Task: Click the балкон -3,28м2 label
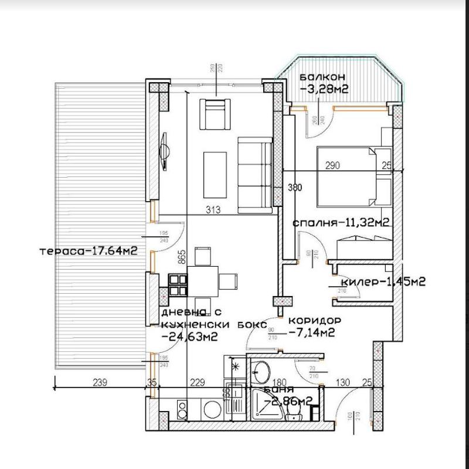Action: coord(322,83)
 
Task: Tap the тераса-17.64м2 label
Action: coord(89,251)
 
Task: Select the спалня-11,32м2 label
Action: coord(341,223)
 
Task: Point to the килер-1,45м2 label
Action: coord(382,281)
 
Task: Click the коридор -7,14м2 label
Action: coord(313,327)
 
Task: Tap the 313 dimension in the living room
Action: coord(212,210)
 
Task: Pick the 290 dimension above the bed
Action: coord(332,166)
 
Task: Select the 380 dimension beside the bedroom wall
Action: coord(295,188)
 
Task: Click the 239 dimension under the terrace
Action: coord(100,383)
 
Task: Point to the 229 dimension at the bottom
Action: coord(198,383)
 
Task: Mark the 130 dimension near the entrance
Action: coord(342,383)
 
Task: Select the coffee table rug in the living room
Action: coord(215,175)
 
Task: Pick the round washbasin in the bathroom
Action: coord(261,371)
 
